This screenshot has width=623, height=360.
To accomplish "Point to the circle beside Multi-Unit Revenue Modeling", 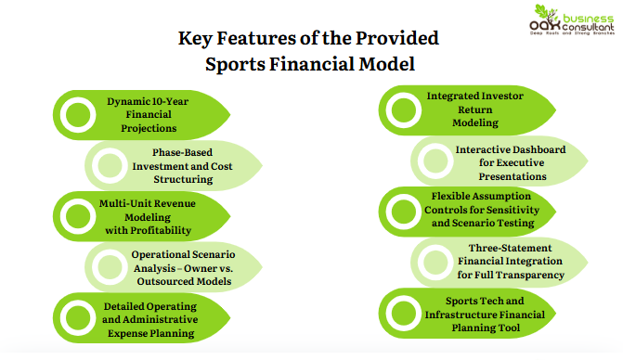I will (x=76, y=216).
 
